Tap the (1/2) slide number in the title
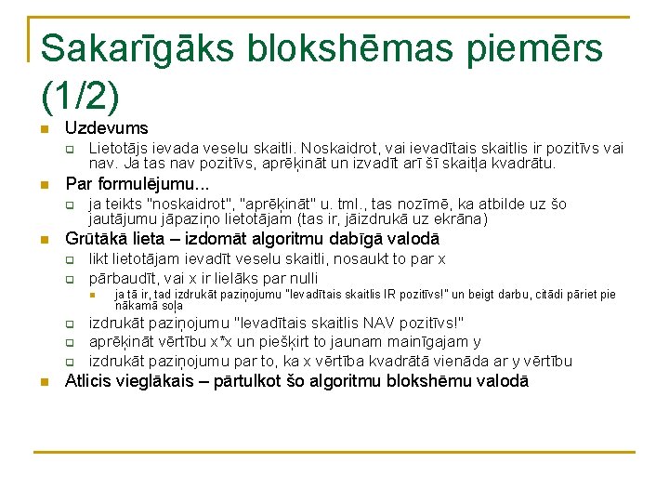click(x=81, y=93)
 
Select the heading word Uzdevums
click(x=106, y=128)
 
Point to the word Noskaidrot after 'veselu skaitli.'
click(x=335, y=149)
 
